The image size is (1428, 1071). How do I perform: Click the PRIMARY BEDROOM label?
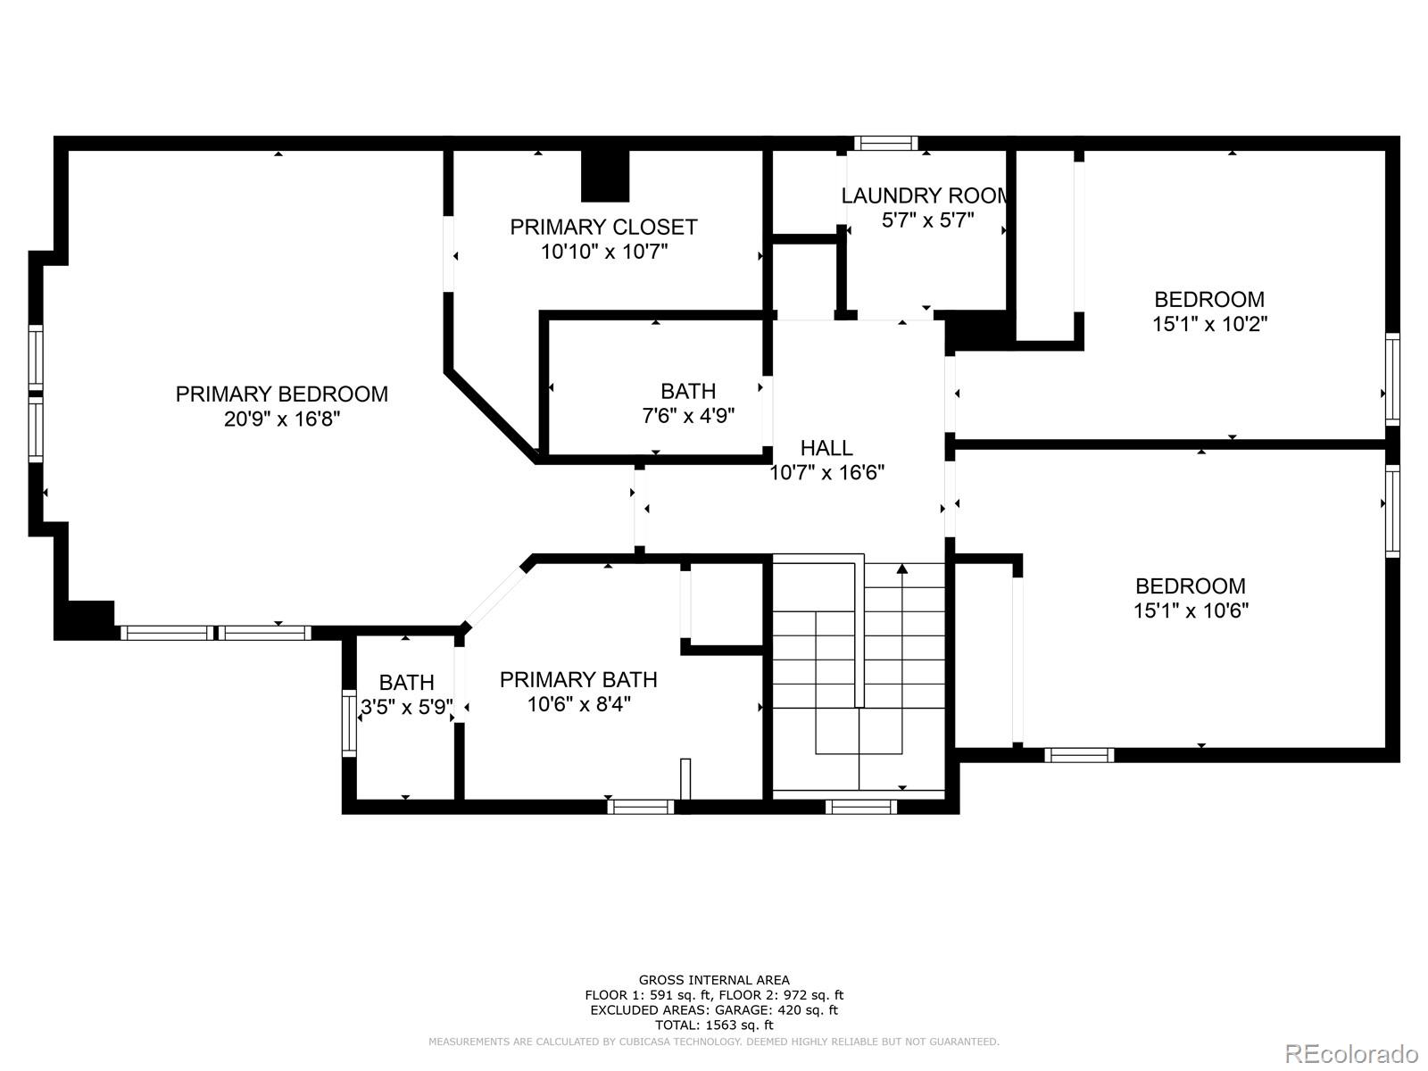point(282,394)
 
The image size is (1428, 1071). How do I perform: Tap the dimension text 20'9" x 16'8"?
point(282,419)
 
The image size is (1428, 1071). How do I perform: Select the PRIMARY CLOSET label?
point(603,227)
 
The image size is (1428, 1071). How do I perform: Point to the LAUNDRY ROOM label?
point(926,195)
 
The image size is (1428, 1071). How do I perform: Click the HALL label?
point(826,448)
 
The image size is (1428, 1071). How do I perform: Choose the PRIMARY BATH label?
point(578,679)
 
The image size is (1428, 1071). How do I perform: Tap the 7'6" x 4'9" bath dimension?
point(688,416)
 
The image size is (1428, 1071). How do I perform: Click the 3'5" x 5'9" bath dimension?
point(407,707)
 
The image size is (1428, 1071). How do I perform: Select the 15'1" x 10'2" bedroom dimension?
point(1210,324)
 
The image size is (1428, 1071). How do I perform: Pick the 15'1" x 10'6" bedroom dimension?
point(1191,610)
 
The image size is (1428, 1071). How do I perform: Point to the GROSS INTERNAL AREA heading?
point(714,980)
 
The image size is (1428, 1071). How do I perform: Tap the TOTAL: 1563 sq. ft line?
point(714,1025)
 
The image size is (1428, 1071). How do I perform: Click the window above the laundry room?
point(886,143)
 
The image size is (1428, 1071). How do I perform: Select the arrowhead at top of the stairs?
point(901,569)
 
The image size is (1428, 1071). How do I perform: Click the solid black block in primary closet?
point(605,176)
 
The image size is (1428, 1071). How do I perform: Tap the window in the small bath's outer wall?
point(349,722)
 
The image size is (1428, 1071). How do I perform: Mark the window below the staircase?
point(860,807)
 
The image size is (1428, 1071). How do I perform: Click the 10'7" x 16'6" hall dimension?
point(826,473)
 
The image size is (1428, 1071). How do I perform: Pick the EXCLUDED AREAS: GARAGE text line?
point(714,1010)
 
